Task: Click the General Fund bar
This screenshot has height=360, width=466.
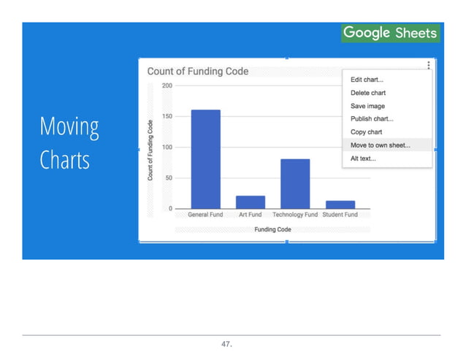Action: click(205, 159)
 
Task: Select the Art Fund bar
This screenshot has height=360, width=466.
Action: click(250, 202)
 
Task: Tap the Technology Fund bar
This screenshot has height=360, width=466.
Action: click(294, 183)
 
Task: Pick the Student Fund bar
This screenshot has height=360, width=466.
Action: click(340, 204)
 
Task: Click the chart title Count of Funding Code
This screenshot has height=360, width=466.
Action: click(198, 72)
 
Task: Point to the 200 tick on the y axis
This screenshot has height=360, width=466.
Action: click(167, 85)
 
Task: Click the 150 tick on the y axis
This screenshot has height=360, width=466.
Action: click(167, 116)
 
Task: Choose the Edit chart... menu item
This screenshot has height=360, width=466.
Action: click(367, 80)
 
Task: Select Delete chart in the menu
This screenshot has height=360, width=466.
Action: click(368, 93)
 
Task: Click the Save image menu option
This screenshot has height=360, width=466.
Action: click(367, 106)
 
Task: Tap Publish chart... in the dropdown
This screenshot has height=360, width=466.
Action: click(372, 119)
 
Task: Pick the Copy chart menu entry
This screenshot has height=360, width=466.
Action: click(366, 132)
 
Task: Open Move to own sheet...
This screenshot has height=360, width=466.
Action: click(380, 145)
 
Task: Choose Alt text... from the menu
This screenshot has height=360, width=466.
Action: click(363, 158)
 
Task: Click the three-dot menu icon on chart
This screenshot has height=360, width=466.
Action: click(429, 65)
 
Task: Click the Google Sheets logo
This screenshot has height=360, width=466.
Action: click(390, 33)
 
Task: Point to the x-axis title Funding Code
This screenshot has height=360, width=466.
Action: click(272, 229)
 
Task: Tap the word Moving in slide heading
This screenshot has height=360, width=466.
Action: click(69, 127)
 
